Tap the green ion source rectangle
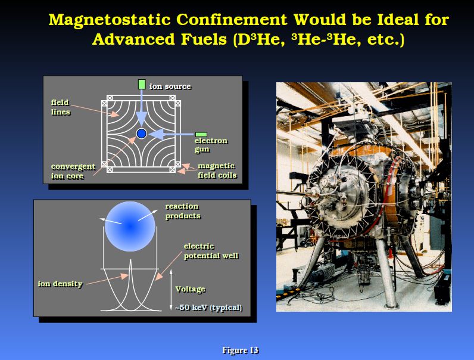click(142, 85)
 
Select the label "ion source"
click(170, 86)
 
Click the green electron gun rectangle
click(201, 135)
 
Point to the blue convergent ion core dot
click(142, 134)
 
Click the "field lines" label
click(61, 107)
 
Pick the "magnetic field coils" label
click(217, 170)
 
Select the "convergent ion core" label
click(73, 171)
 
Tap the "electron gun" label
click(211, 145)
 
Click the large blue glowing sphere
click(130, 226)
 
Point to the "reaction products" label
click(183, 211)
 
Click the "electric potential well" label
click(211, 251)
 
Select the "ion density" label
click(60, 284)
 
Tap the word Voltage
click(191, 289)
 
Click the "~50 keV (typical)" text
click(209, 308)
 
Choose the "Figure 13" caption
click(241, 350)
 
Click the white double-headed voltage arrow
click(171, 290)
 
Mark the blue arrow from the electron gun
click(171, 134)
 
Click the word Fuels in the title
click(204, 39)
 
